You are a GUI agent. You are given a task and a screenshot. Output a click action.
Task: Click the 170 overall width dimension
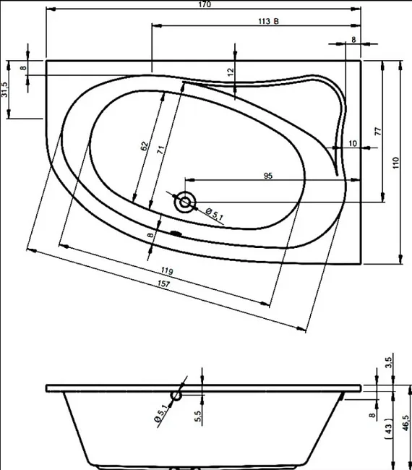(205, 4)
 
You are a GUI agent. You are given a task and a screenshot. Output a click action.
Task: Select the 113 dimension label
(264, 21)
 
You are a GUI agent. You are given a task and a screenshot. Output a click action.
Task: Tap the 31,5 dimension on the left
(4, 90)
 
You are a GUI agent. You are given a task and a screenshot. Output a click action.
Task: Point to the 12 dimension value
(231, 72)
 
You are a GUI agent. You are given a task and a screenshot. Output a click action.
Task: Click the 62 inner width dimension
(145, 146)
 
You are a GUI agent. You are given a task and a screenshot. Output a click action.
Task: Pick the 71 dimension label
(161, 150)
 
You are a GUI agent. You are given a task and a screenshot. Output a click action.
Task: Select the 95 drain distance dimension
(268, 176)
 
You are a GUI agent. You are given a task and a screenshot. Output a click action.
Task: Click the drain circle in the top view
(185, 202)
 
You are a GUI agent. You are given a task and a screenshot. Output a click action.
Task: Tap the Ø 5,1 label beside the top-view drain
(215, 214)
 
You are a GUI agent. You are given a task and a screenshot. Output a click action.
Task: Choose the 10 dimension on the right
(353, 144)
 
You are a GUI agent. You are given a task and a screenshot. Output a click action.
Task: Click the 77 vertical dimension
(379, 132)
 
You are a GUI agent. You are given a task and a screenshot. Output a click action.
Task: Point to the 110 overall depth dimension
(396, 163)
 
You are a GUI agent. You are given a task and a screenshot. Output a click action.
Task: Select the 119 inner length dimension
(167, 271)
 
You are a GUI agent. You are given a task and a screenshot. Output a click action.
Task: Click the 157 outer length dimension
(163, 283)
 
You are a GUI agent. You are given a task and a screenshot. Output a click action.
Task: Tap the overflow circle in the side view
(176, 396)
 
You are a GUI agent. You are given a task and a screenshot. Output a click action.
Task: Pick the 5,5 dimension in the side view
(198, 416)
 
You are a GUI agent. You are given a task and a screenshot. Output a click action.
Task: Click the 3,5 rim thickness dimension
(388, 363)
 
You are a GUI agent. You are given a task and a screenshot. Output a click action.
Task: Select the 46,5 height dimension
(405, 423)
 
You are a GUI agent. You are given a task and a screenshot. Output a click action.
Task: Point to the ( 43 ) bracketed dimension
(388, 429)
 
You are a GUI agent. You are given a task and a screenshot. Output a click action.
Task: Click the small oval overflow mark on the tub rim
(176, 233)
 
